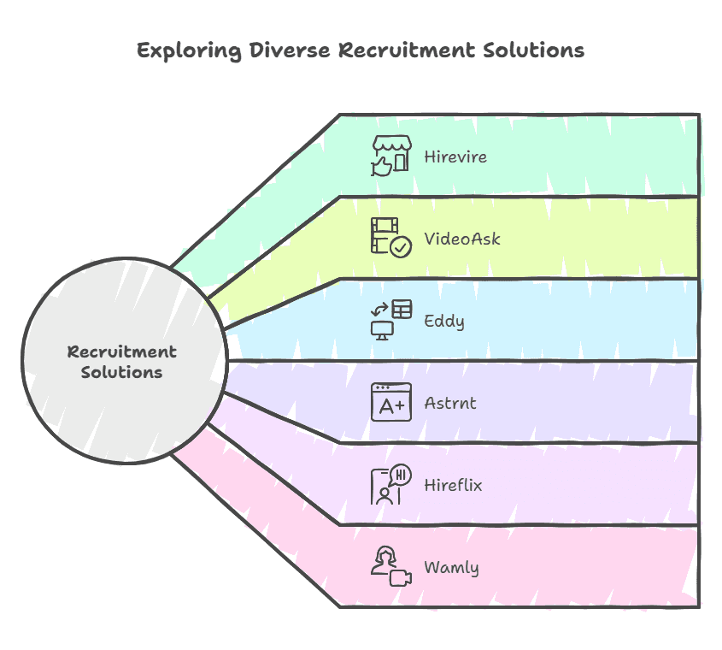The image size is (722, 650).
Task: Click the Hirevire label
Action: point(455,157)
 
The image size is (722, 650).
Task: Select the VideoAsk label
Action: point(462,239)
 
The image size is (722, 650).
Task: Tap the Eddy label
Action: point(444,322)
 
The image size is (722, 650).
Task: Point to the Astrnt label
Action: point(450,403)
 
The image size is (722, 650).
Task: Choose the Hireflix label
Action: point(453,485)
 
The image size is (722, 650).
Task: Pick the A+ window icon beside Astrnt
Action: point(391,402)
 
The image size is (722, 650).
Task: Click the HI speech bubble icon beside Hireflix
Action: point(391,484)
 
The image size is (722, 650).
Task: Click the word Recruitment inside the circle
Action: point(122,352)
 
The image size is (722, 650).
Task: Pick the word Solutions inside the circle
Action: point(122,373)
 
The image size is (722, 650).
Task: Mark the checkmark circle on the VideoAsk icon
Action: point(400,246)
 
